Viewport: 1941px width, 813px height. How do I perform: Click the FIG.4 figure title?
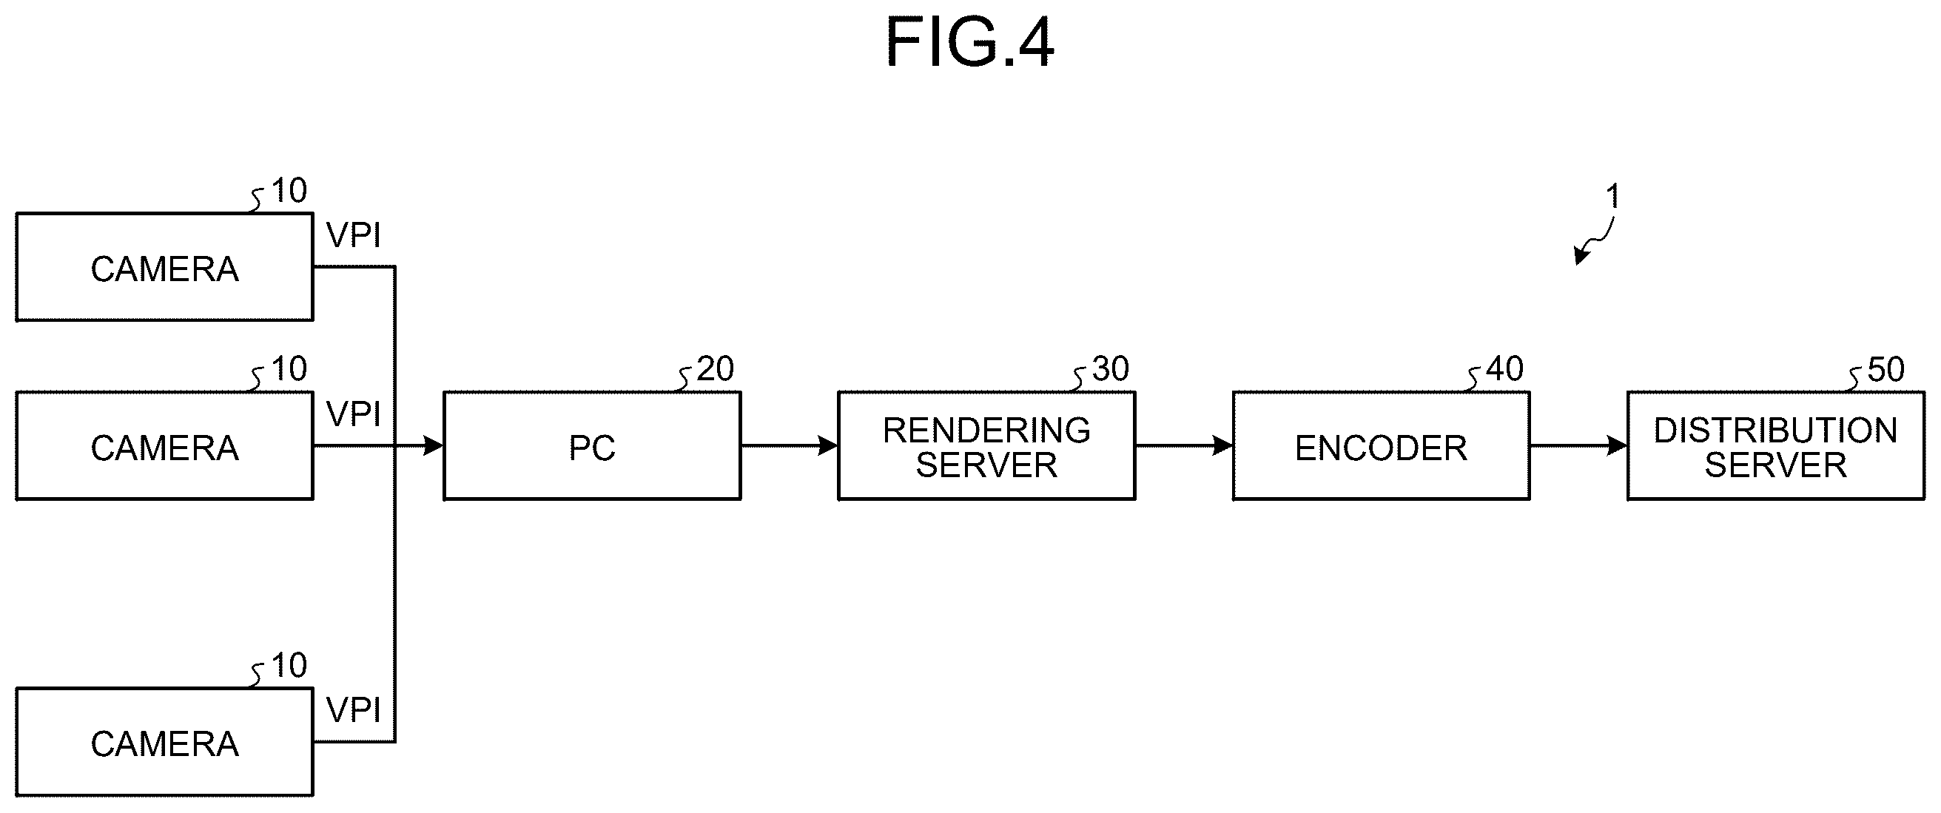click(x=969, y=43)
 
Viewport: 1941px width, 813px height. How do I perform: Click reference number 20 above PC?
click(x=714, y=369)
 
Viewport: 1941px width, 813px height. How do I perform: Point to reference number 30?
click(x=1110, y=369)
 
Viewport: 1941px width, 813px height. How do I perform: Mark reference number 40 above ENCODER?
click(x=1504, y=369)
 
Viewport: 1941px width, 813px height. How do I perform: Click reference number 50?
click(x=1886, y=370)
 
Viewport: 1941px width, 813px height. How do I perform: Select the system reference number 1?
click(x=1612, y=197)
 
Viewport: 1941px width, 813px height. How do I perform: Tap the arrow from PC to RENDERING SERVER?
click(x=790, y=446)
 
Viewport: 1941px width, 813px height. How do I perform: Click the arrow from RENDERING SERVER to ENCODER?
click(x=1185, y=446)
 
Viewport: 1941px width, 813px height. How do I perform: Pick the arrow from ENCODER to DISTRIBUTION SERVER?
click(x=1578, y=446)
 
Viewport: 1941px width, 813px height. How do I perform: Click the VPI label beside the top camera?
click(x=354, y=236)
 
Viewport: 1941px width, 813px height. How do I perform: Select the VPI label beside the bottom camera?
click(x=354, y=710)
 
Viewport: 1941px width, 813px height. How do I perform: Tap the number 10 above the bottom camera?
click(x=289, y=665)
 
